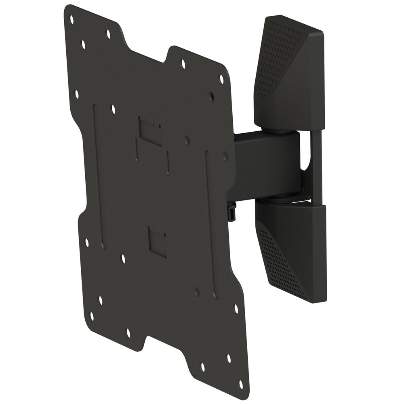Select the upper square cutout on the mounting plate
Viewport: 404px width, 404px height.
(150, 131)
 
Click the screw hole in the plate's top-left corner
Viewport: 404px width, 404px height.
(72, 18)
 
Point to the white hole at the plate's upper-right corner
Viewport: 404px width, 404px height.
(221, 78)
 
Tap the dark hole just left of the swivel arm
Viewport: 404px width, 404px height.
(225, 156)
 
